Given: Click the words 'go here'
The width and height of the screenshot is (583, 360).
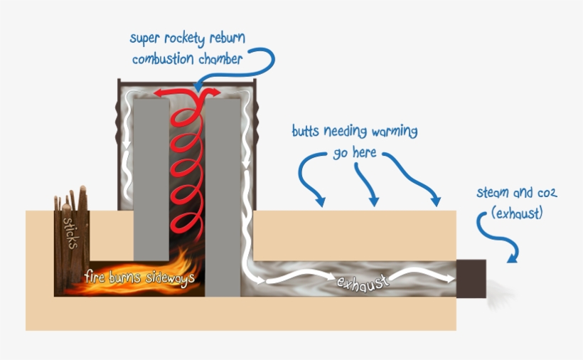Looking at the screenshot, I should (x=354, y=152).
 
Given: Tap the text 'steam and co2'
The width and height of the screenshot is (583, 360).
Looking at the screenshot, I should (x=517, y=193).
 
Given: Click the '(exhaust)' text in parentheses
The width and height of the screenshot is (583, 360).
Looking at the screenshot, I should (x=517, y=212).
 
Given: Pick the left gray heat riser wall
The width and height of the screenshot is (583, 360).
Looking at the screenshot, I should (x=151, y=178).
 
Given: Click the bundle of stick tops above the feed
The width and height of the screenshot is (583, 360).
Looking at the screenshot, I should (x=71, y=201).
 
